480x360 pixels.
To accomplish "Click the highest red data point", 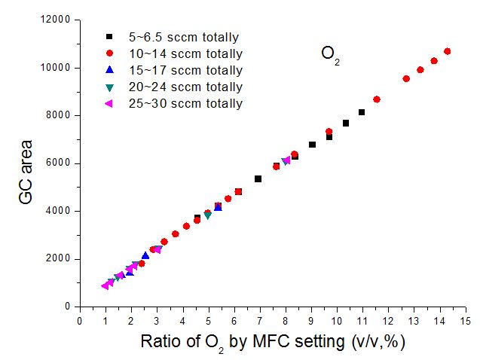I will coord(447,51).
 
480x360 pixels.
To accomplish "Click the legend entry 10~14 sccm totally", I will coord(185,53).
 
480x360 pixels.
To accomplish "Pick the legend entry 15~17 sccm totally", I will coord(185,70).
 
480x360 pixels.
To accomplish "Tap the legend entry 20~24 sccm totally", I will coord(185,87).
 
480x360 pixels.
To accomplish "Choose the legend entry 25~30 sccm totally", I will coord(185,103).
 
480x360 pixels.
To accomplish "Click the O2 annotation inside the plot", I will coord(330,54).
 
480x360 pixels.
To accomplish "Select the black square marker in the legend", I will coord(109,37).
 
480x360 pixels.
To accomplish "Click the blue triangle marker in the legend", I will coord(109,70).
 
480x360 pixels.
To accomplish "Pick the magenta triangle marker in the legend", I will coord(109,103).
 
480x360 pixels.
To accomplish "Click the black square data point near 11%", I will coord(362,112).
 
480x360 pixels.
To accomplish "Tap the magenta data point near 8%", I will coord(286,160).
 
